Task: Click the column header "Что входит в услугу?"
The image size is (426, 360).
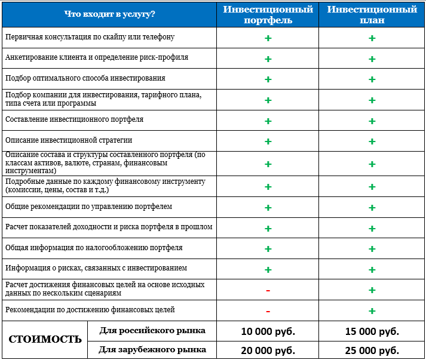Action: click(109, 14)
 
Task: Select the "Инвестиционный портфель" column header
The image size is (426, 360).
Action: click(268, 14)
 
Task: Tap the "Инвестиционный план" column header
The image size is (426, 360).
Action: click(372, 14)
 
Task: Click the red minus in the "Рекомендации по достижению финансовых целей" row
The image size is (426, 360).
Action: click(268, 311)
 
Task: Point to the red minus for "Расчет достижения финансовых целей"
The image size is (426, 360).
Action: click(268, 290)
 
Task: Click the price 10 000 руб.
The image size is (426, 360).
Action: click(268, 331)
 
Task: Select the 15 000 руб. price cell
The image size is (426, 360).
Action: click(372, 331)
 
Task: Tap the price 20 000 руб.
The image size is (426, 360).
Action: click(268, 350)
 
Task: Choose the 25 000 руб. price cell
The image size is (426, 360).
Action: click(372, 350)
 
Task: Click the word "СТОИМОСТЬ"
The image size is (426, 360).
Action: click(45, 340)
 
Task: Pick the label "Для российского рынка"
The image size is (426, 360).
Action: click(152, 331)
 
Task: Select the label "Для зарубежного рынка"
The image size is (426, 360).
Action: click(152, 349)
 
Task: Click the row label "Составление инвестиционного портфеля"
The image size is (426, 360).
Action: click(74, 119)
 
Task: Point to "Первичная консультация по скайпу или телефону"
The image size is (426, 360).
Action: click(90, 37)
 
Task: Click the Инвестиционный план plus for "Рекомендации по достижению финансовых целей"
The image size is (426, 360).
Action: click(372, 311)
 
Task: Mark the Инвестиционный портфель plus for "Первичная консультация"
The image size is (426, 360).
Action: click(268, 38)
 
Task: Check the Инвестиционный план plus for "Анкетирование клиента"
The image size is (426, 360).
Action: click(372, 59)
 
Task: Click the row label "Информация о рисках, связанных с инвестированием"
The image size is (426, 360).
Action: click(96, 268)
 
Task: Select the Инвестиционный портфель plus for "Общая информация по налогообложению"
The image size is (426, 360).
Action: click(268, 249)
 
